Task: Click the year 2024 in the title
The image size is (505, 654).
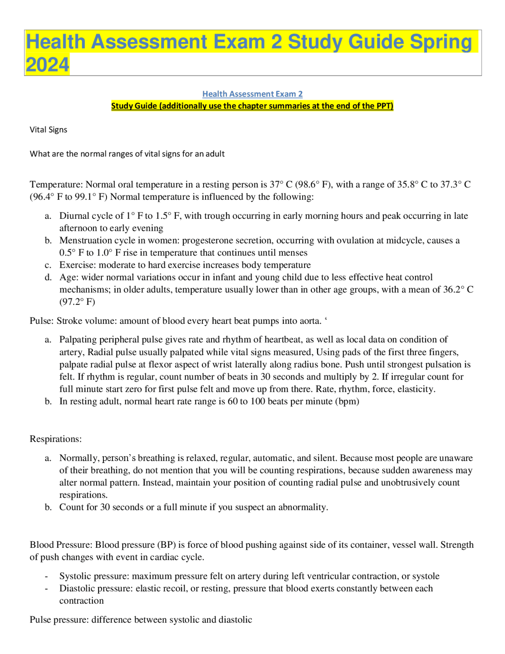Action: (47, 65)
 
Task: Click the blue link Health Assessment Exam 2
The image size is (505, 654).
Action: (252, 94)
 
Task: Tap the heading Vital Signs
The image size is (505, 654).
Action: (49, 130)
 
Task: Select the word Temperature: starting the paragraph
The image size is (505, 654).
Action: (56, 184)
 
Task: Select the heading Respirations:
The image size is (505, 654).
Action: (56, 439)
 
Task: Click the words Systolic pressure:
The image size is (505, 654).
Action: (94, 576)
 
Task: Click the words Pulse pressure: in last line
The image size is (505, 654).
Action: (59, 619)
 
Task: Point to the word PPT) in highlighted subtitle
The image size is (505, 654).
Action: (385, 106)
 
